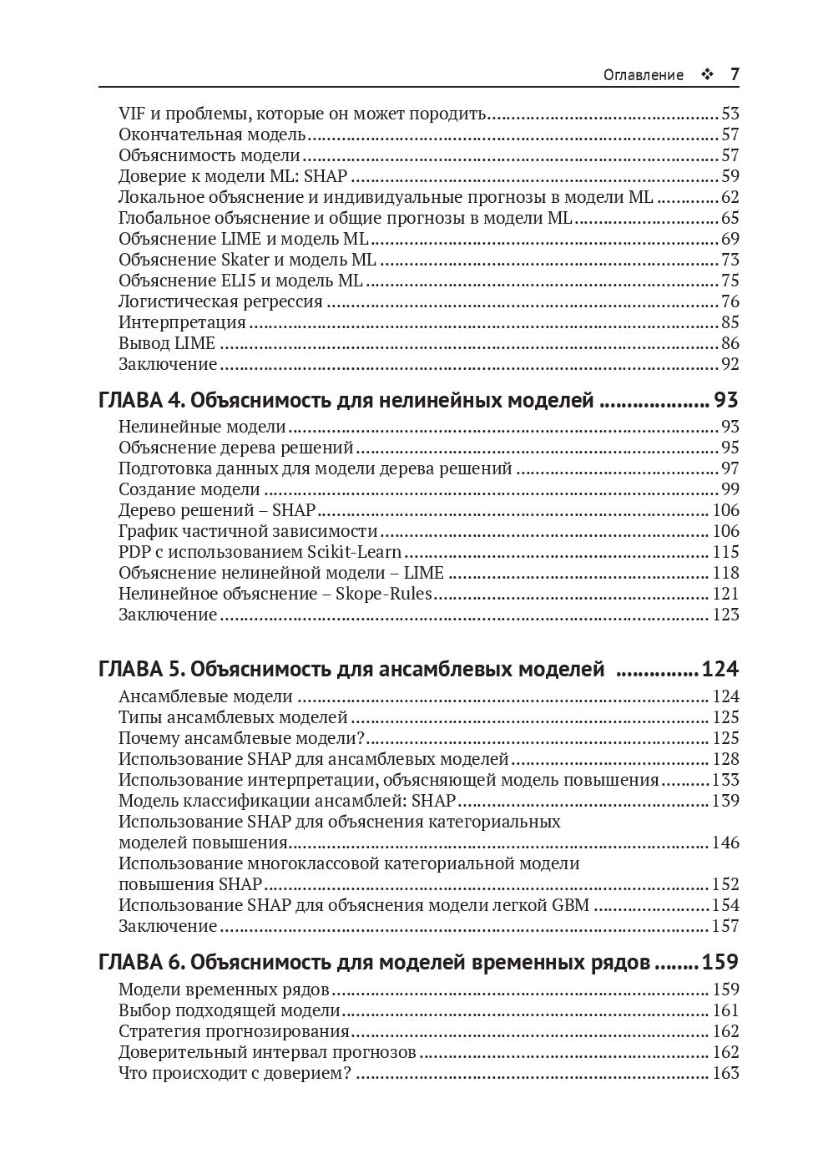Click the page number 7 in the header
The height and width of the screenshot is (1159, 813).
point(735,74)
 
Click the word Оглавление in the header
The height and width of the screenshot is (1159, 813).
point(643,75)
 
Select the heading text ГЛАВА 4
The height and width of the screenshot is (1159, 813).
point(141,401)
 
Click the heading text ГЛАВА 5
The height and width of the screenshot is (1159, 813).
point(141,669)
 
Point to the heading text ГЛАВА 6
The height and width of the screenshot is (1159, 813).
point(141,962)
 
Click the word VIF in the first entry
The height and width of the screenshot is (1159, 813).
point(132,114)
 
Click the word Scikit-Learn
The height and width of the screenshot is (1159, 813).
point(357,552)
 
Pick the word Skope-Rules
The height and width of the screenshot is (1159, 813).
point(384,594)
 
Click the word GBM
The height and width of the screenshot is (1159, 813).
point(570,905)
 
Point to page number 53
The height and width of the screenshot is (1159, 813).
point(730,114)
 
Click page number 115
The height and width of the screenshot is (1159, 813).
point(725,552)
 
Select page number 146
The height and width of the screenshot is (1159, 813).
point(725,843)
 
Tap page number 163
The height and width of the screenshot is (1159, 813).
point(725,1073)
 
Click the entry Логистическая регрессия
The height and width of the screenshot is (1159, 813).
point(220,301)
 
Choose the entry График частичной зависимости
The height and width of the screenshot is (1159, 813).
point(248,531)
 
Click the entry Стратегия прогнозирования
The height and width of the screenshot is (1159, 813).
point(234,1031)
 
